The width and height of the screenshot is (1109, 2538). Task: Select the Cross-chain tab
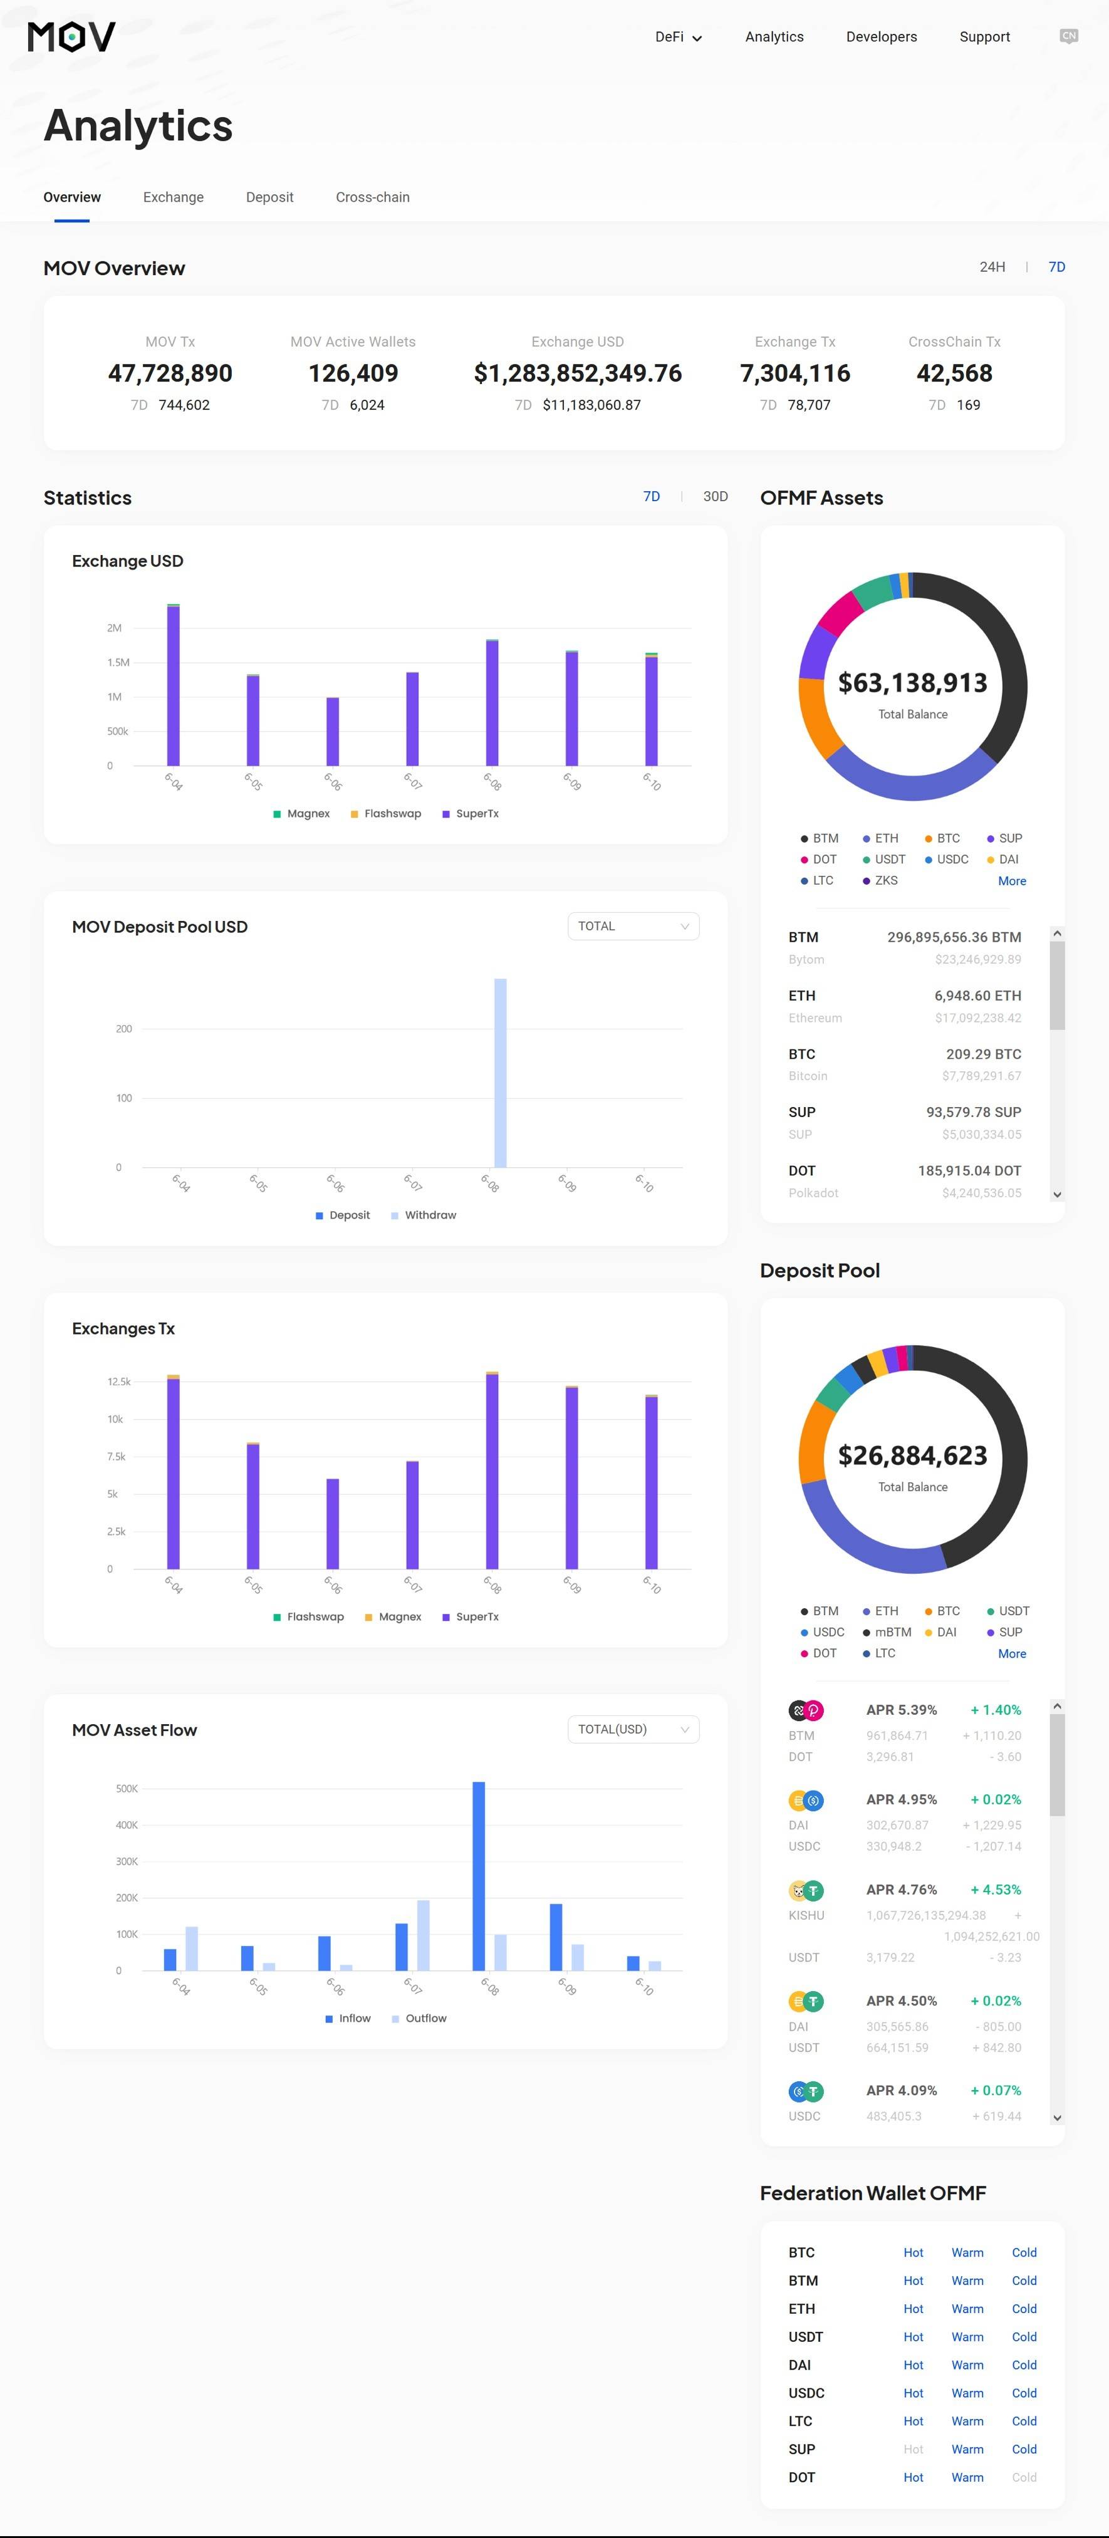click(372, 197)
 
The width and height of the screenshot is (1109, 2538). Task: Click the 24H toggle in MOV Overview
click(992, 267)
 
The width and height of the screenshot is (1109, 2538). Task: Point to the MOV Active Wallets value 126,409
click(353, 373)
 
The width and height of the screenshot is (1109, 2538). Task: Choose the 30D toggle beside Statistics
click(715, 497)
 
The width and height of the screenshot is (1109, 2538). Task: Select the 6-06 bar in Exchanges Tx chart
click(333, 1523)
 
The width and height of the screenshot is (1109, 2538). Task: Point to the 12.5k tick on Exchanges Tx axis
click(118, 1382)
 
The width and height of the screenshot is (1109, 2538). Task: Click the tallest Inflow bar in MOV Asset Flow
click(479, 1875)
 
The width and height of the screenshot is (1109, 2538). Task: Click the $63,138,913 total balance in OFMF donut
click(912, 683)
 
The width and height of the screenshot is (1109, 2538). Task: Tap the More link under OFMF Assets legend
click(1011, 881)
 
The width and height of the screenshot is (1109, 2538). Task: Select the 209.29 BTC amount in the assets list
click(983, 1054)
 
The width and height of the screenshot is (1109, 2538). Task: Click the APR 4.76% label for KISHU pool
click(901, 1890)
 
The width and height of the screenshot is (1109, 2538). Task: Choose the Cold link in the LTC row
click(1023, 2421)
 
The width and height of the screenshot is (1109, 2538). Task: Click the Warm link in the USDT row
click(967, 2337)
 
